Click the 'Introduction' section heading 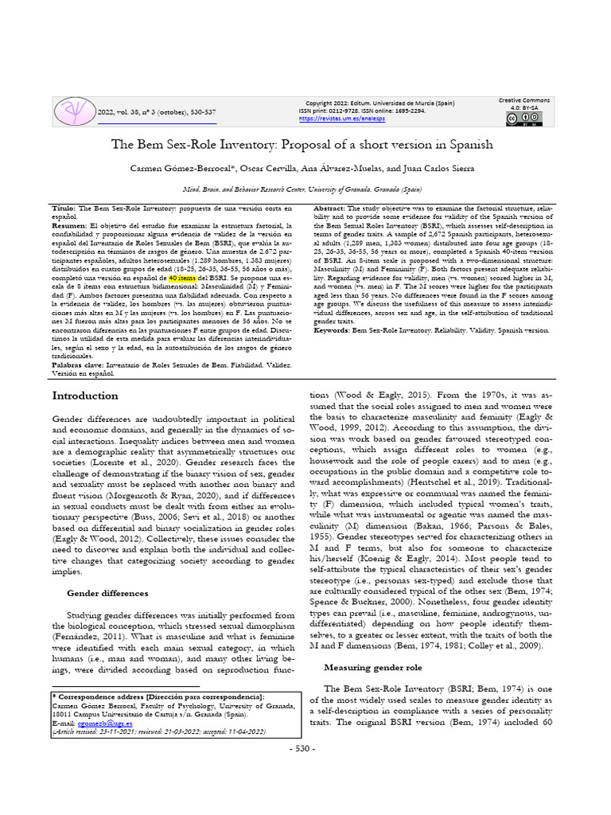85,396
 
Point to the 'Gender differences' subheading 107,593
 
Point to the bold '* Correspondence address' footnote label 99,696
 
